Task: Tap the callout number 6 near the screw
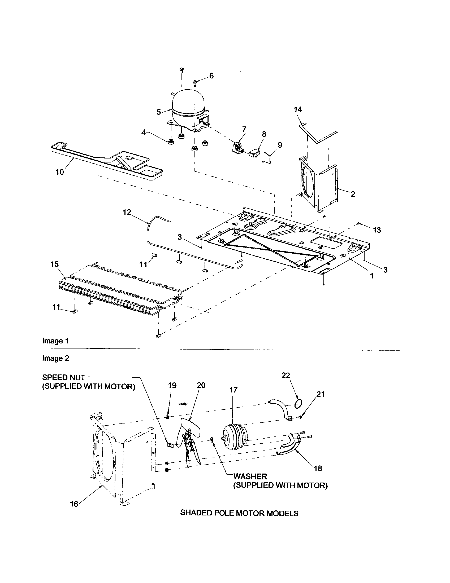[211, 76]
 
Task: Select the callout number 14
[298, 109]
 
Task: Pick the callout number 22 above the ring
[286, 375]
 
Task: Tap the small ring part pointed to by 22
[298, 404]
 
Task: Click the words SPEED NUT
[64, 377]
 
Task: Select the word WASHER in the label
[250, 476]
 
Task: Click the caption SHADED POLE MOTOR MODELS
[239, 513]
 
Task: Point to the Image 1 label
[55, 341]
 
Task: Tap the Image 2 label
[55, 358]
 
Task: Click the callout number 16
[74, 504]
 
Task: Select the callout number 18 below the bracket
[318, 468]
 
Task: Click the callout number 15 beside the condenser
[54, 264]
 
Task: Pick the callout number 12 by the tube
[127, 212]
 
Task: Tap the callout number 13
[377, 230]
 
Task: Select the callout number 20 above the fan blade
[201, 385]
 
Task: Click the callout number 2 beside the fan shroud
[353, 194]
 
